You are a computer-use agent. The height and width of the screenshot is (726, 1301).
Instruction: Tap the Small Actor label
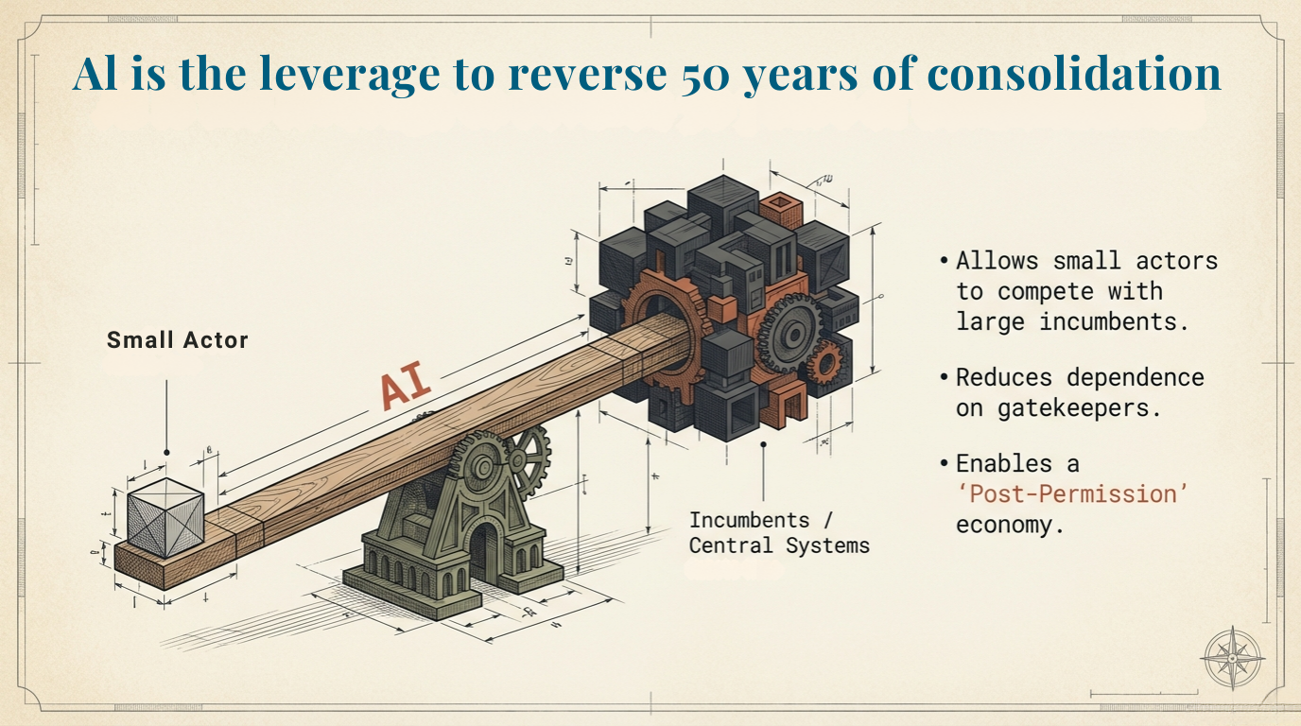(177, 340)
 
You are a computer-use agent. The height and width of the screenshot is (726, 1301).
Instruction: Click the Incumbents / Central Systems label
(779, 532)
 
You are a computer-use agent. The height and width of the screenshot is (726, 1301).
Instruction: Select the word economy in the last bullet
(1010, 525)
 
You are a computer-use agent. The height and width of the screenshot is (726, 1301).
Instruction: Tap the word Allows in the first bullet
(997, 261)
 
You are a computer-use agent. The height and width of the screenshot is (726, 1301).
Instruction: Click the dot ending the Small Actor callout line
(166, 452)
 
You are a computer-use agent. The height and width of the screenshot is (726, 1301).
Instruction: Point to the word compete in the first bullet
(1049, 291)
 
